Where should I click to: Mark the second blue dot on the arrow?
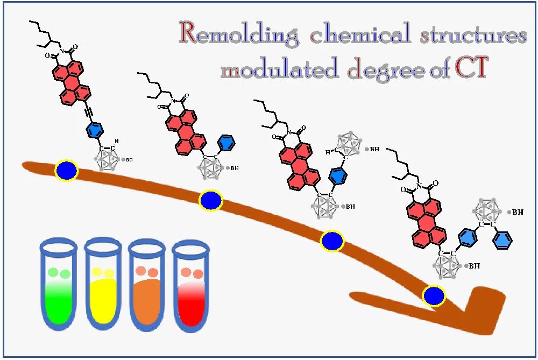point(211,200)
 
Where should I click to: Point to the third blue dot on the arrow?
point(332,241)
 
